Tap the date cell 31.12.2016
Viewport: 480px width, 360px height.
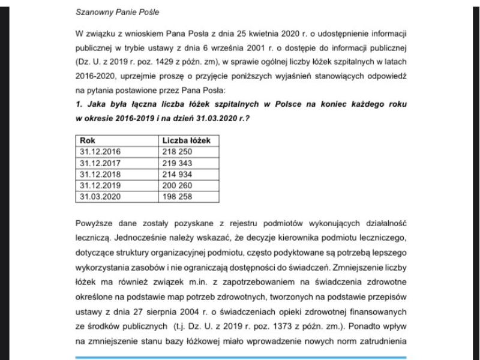pyautogui.click(x=100, y=151)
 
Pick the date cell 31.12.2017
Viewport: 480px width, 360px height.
pyautogui.click(x=100, y=162)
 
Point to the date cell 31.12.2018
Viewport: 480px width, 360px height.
pyautogui.click(x=100, y=173)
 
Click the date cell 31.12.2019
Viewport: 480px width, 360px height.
pyautogui.click(x=100, y=184)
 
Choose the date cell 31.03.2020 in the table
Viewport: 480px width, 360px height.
pyautogui.click(x=100, y=196)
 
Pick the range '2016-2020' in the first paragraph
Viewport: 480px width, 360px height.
pyautogui.click(x=95, y=77)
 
